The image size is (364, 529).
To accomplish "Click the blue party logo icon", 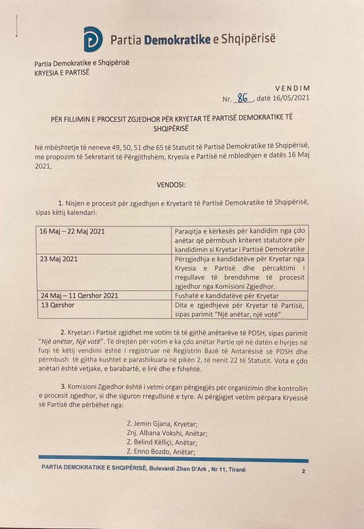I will point(93,39).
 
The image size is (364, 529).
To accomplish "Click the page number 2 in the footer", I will point(304,471).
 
